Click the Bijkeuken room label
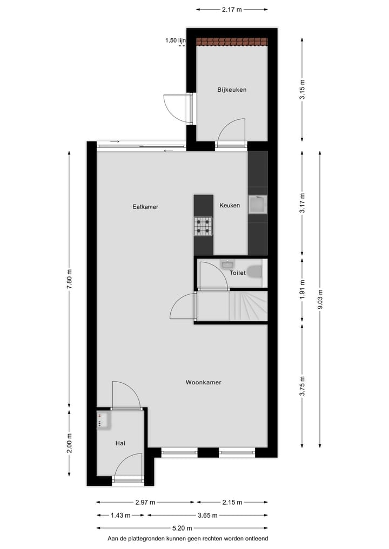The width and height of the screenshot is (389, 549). (232, 90)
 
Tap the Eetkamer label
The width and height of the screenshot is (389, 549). (145, 207)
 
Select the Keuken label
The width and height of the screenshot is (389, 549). (230, 206)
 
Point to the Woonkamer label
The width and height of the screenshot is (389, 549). (204, 383)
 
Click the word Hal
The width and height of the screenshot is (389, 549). (120, 443)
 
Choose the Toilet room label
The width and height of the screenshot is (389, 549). (238, 273)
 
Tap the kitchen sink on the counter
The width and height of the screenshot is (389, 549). (257, 205)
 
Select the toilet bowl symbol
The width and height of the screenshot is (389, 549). (254, 272)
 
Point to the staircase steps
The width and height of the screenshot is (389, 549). (249, 306)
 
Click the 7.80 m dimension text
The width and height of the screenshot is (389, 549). (69, 279)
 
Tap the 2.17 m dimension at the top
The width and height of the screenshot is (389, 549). (232, 9)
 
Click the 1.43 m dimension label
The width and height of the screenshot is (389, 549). (120, 516)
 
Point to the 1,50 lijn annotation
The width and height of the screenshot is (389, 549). (175, 40)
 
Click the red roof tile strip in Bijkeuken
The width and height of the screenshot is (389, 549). (232, 42)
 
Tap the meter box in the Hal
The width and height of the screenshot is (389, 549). (103, 420)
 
